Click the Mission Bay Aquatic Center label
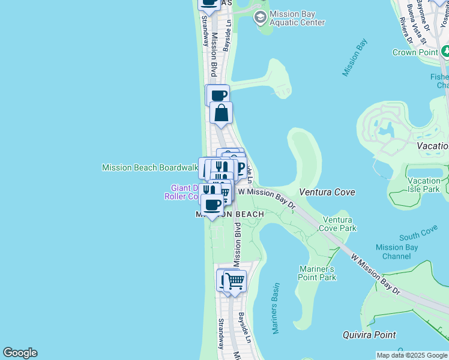pos(297,18)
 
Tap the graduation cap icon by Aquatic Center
pos(260,16)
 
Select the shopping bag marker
pos(221,113)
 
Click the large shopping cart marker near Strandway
pos(235,281)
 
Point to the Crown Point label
pos(415,52)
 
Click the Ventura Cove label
pos(327,192)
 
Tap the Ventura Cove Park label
pos(339,224)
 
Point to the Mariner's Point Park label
pos(317,273)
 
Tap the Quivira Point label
pos(369,335)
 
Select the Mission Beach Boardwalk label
pos(149,168)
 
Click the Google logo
pos(20,353)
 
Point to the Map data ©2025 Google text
pos(412,355)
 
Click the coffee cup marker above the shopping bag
pos(218,95)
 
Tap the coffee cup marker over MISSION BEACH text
pos(211,205)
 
